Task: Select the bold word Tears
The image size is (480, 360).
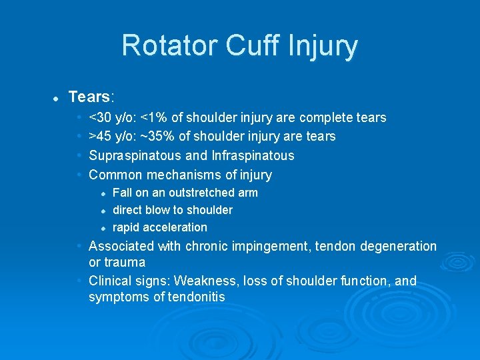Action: tap(89, 97)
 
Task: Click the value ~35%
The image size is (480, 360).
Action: tap(155, 137)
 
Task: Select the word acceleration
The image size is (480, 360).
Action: tap(175, 227)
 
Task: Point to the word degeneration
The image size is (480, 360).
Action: tap(399, 247)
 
